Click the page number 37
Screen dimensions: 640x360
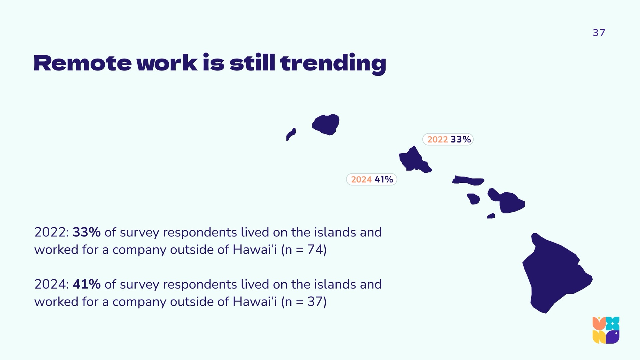pyautogui.click(x=599, y=33)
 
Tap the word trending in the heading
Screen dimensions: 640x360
pyautogui.click(x=333, y=64)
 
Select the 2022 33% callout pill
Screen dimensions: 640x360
pyautogui.click(x=448, y=139)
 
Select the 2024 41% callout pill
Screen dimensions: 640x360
pyautogui.click(x=372, y=179)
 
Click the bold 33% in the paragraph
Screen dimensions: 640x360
pyautogui.click(x=87, y=232)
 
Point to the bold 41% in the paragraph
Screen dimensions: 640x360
pyautogui.click(x=87, y=284)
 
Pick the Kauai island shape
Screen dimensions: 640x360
pyautogui.click(x=326, y=125)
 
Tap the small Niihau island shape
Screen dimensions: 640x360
pyautogui.click(x=291, y=134)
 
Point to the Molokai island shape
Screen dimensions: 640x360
pyautogui.click(x=468, y=180)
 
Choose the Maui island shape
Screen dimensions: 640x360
pyautogui.click(x=508, y=202)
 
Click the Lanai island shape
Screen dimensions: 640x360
pyautogui.click(x=474, y=199)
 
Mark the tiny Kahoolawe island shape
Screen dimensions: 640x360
pyautogui.click(x=491, y=216)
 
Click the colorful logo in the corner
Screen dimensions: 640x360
pyautogui.click(x=606, y=330)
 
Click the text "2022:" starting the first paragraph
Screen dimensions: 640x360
pyautogui.click(x=52, y=232)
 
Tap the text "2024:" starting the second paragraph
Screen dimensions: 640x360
pyautogui.click(x=52, y=284)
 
